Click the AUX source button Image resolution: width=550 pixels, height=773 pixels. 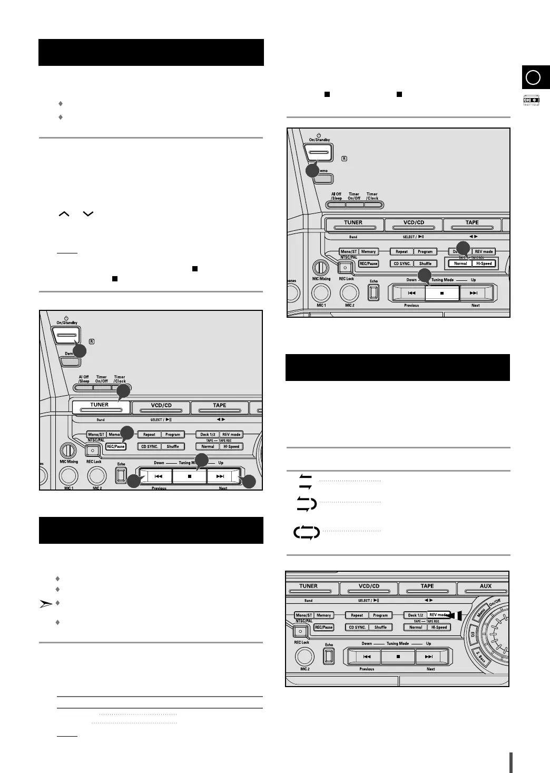click(x=485, y=586)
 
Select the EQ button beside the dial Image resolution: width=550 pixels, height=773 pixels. click(x=473, y=634)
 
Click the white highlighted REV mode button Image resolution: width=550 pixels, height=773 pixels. click(x=438, y=615)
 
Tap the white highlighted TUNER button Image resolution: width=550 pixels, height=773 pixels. click(x=100, y=407)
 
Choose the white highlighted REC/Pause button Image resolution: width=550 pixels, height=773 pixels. click(x=115, y=446)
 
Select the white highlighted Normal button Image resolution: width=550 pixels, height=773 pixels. click(x=460, y=263)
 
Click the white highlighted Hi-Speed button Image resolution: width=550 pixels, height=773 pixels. click(x=484, y=263)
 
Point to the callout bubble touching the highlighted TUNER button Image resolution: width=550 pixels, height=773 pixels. click(x=123, y=390)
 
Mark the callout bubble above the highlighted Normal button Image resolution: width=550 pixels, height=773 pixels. click(x=463, y=248)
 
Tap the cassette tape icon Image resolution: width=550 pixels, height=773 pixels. click(x=531, y=100)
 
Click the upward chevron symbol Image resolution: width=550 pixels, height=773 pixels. click(x=64, y=214)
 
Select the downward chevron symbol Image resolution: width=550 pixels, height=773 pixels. click(x=88, y=214)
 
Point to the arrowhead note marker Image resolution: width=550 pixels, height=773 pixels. click(x=46, y=604)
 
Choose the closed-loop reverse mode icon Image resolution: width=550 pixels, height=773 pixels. click(x=307, y=533)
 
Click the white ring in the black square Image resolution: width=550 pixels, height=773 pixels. click(x=533, y=77)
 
